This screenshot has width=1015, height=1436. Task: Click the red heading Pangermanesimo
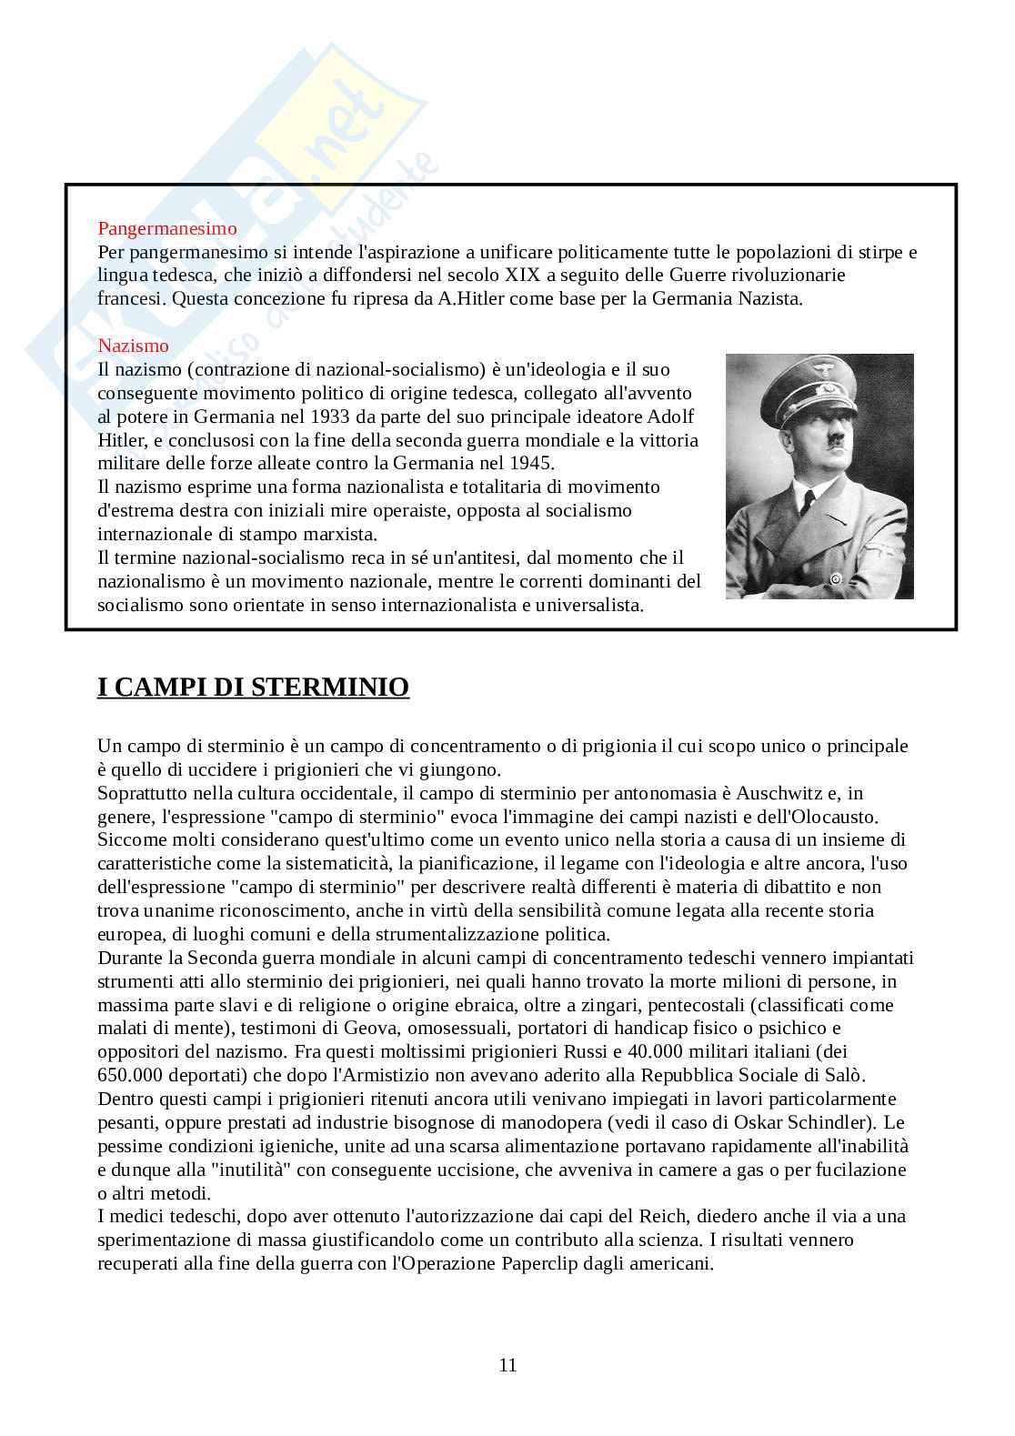click(x=167, y=228)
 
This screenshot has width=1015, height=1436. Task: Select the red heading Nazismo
click(x=133, y=346)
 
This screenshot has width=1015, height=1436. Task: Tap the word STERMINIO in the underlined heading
click(x=329, y=688)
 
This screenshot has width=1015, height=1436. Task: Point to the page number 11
click(x=507, y=1365)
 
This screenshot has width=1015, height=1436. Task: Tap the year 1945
click(x=531, y=464)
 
